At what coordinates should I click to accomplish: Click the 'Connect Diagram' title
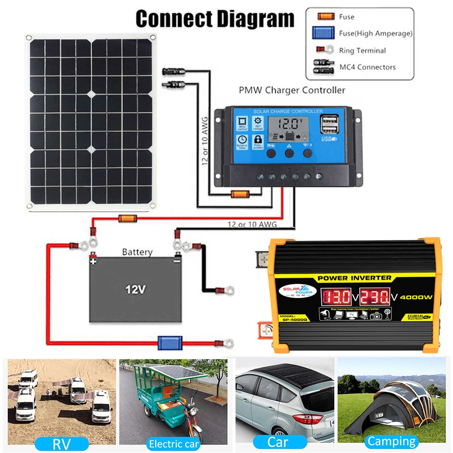pyautogui.click(x=215, y=19)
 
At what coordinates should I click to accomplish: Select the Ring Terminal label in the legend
pyautogui.click(x=362, y=50)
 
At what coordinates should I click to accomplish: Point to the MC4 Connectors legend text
pyautogui.click(x=367, y=67)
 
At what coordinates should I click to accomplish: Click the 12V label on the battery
pyautogui.click(x=135, y=290)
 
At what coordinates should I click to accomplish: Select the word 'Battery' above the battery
pyautogui.click(x=137, y=252)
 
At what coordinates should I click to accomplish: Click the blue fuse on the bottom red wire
pyautogui.click(x=170, y=342)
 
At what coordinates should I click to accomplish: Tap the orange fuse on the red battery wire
pyautogui.click(x=127, y=218)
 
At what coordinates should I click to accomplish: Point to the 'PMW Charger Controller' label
pyautogui.click(x=292, y=90)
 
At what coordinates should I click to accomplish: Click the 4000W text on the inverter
pyautogui.click(x=416, y=297)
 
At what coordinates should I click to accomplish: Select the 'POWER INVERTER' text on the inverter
pyautogui.click(x=355, y=278)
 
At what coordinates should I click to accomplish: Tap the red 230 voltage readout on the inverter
pyautogui.click(x=374, y=296)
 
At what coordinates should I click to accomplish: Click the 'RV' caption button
pyautogui.click(x=61, y=442)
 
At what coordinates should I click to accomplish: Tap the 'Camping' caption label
pyautogui.click(x=392, y=441)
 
